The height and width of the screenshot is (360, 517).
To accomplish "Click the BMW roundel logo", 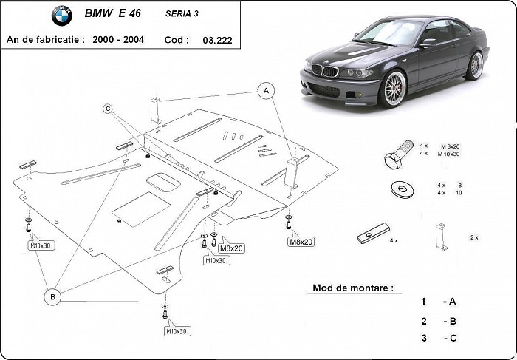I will pyautogui.click(x=62, y=16).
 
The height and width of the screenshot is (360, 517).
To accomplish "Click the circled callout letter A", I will pyautogui.click(x=264, y=91).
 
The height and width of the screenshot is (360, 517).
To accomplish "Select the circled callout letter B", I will pyautogui.click(x=52, y=296).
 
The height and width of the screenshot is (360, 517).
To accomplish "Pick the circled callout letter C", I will pyautogui.click(x=108, y=109).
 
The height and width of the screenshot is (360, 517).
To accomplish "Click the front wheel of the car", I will pyautogui.click(x=392, y=90).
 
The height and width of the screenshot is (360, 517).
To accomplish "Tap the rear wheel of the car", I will pyautogui.click(x=473, y=66).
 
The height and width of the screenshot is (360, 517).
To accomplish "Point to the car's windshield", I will pyautogui.click(x=391, y=33).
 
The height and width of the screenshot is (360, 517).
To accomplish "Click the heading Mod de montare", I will pyautogui.click(x=353, y=288).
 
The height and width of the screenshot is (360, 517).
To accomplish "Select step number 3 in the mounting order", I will pyautogui.click(x=423, y=338).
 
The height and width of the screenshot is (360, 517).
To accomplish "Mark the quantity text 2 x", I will pyautogui.click(x=473, y=237).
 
